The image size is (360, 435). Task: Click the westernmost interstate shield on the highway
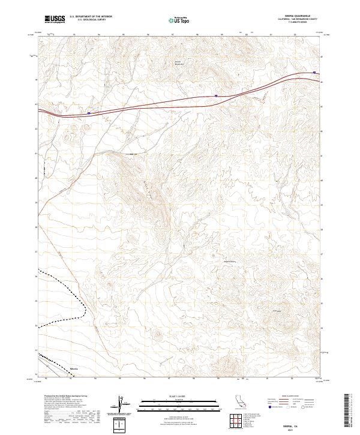[89, 112]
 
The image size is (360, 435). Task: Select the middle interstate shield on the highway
[216, 95]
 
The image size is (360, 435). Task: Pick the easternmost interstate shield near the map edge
[314, 74]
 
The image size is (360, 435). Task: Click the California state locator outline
[239, 401]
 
